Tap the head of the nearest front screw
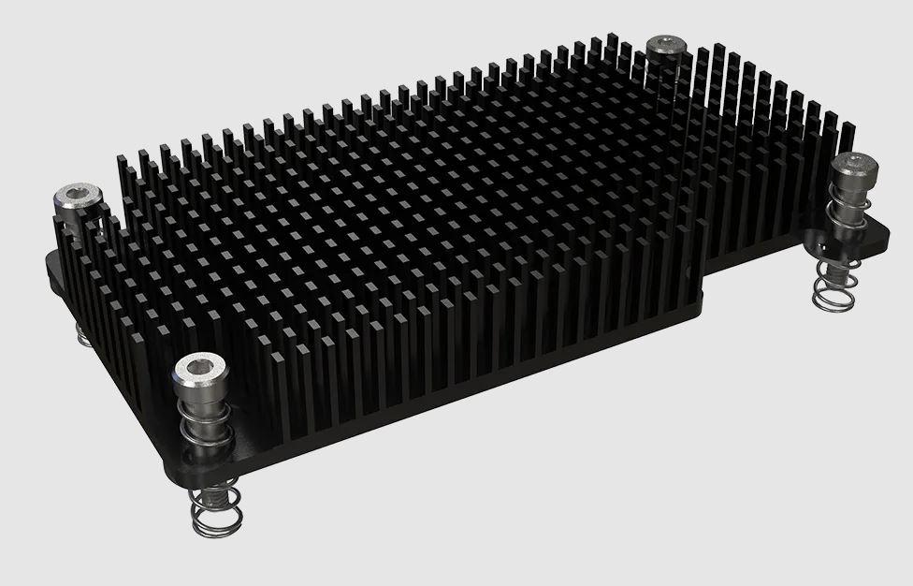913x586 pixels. (x=199, y=373)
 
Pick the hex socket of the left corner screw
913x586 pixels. (x=77, y=194)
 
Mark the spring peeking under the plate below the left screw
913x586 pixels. (x=83, y=331)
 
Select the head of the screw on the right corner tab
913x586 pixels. (x=854, y=168)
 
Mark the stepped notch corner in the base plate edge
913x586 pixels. (x=703, y=281)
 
